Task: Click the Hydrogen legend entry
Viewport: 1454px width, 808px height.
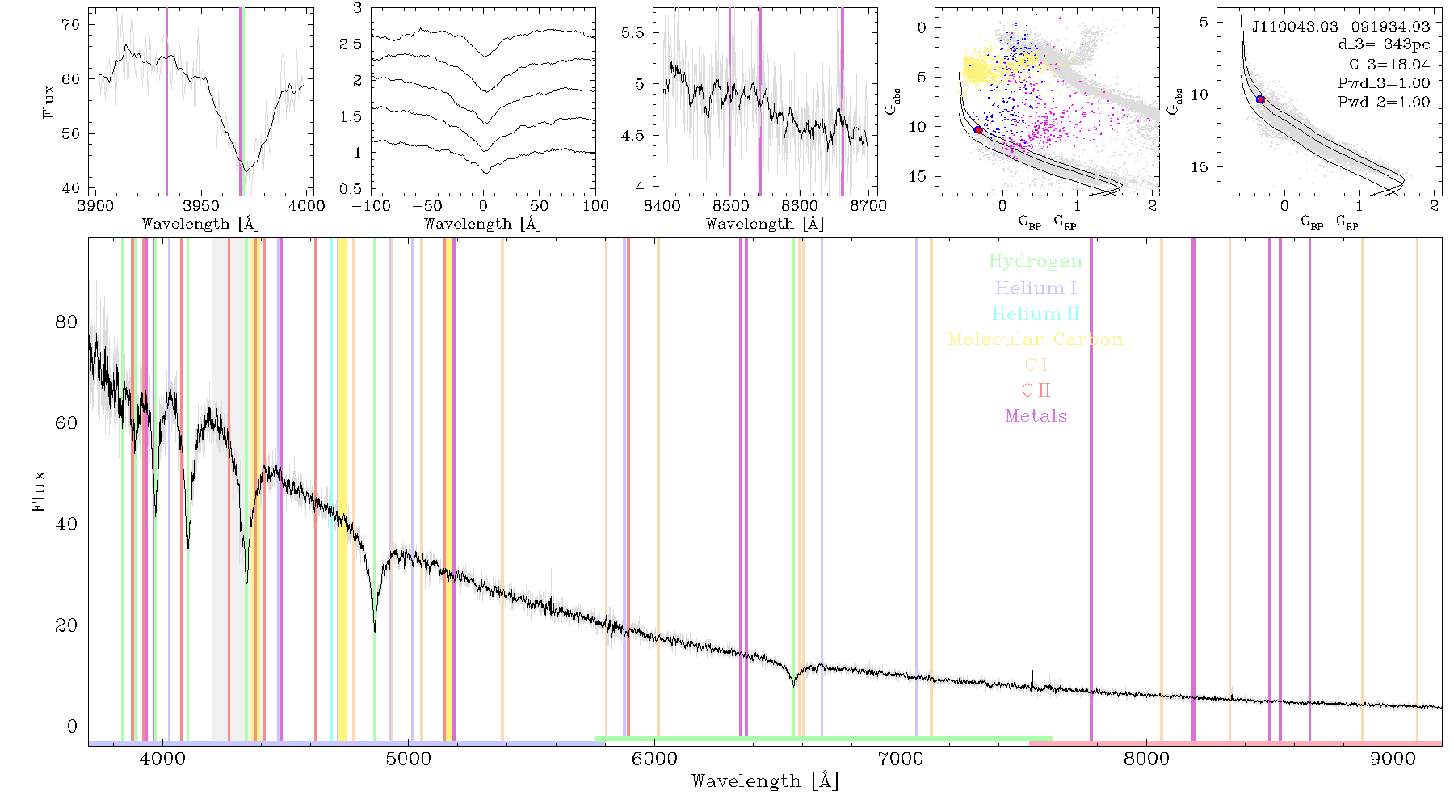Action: tap(1036, 262)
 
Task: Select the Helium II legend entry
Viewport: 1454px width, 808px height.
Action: tap(1036, 314)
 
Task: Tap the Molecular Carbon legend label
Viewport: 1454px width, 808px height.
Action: tap(1036, 339)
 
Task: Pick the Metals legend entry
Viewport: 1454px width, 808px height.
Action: tap(1036, 416)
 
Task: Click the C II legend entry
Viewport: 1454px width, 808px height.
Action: tap(1036, 390)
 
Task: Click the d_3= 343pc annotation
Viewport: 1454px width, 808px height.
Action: tap(1384, 45)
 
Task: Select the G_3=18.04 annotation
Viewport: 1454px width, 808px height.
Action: tap(1389, 65)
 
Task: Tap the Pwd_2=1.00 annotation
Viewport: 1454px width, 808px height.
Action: tap(1384, 103)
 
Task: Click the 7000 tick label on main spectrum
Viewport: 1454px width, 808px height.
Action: tap(901, 759)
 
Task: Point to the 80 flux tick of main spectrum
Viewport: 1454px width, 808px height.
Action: tap(67, 322)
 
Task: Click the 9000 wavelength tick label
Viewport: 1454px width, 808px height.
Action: tap(1393, 759)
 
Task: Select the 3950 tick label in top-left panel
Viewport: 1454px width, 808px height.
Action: tap(201, 206)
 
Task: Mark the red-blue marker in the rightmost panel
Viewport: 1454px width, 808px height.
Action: tap(1260, 99)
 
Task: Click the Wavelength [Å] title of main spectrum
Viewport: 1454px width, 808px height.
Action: tap(765, 781)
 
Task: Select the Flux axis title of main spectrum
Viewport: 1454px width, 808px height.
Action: tap(39, 490)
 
